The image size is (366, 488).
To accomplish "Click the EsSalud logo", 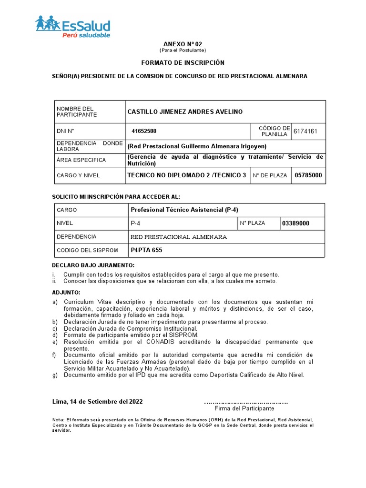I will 73,27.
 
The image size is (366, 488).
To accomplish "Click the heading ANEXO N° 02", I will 183,44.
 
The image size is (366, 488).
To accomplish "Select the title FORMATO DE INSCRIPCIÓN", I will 183,63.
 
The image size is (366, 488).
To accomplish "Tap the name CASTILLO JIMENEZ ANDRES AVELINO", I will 185,112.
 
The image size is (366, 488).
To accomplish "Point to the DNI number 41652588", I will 144,131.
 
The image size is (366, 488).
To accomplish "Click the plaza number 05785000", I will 308,175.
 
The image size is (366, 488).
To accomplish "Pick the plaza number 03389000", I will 295,223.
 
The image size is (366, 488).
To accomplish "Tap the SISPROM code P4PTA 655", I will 146,250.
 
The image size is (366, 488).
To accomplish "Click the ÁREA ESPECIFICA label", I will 81,160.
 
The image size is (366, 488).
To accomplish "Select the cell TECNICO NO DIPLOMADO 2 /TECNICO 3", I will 187,175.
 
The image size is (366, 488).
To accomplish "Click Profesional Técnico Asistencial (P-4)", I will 184,210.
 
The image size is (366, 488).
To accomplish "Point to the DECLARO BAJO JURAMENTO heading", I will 93,265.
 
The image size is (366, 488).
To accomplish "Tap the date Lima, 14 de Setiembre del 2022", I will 97,401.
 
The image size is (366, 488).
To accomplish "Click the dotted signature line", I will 245,402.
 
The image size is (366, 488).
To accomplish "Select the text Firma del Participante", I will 244,408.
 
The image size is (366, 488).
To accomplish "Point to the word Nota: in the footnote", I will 59,419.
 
